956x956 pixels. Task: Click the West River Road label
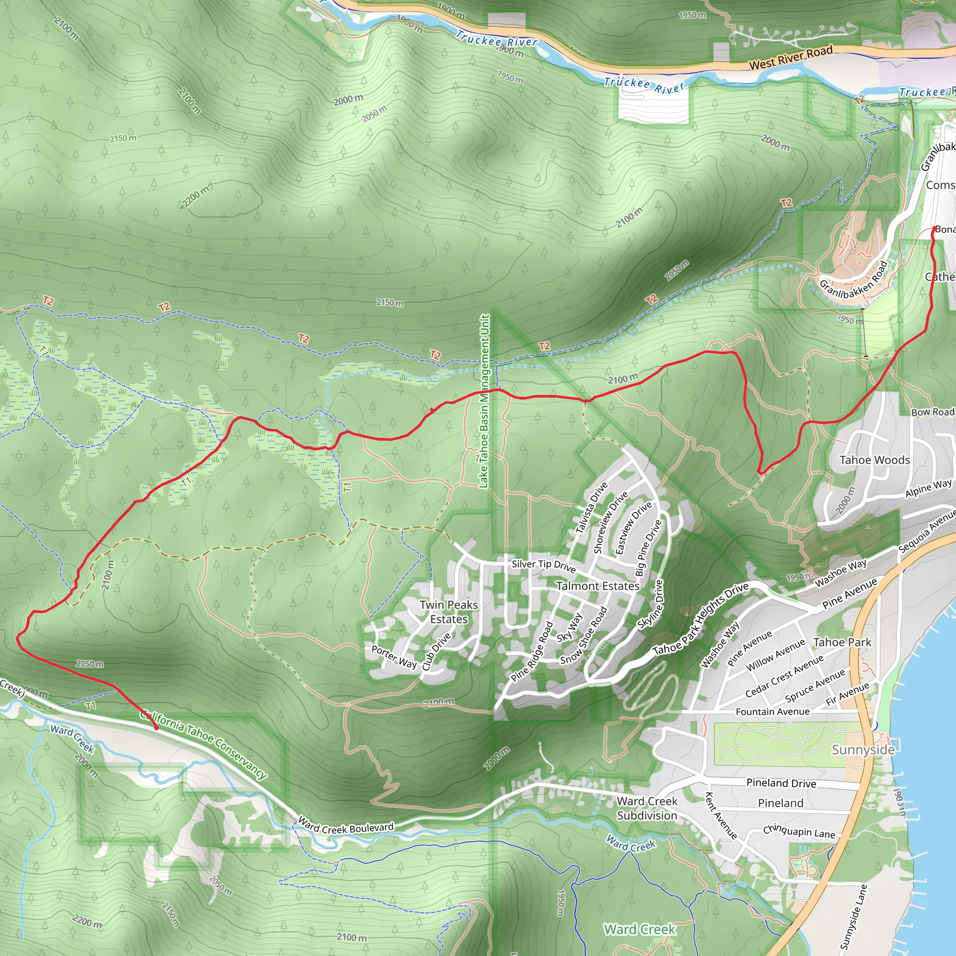[790, 58]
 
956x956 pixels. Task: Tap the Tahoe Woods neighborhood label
[874, 460]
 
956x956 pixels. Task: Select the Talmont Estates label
[598, 586]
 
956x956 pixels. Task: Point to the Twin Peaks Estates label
[449, 612]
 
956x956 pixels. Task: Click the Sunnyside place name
[863, 750]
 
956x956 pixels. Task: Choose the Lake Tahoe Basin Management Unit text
[485, 401]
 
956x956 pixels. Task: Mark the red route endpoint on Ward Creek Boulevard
[156, 728]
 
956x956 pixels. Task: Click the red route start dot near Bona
[934, 229]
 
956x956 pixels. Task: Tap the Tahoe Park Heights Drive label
[701, 619]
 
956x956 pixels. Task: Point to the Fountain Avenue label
[773, 711]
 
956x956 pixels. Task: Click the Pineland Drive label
[781, 783]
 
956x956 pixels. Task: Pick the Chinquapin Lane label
[799, 831]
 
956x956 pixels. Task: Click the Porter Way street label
[394, 657]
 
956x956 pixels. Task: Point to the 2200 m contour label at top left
[196, 197]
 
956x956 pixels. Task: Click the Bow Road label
[932, 412]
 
